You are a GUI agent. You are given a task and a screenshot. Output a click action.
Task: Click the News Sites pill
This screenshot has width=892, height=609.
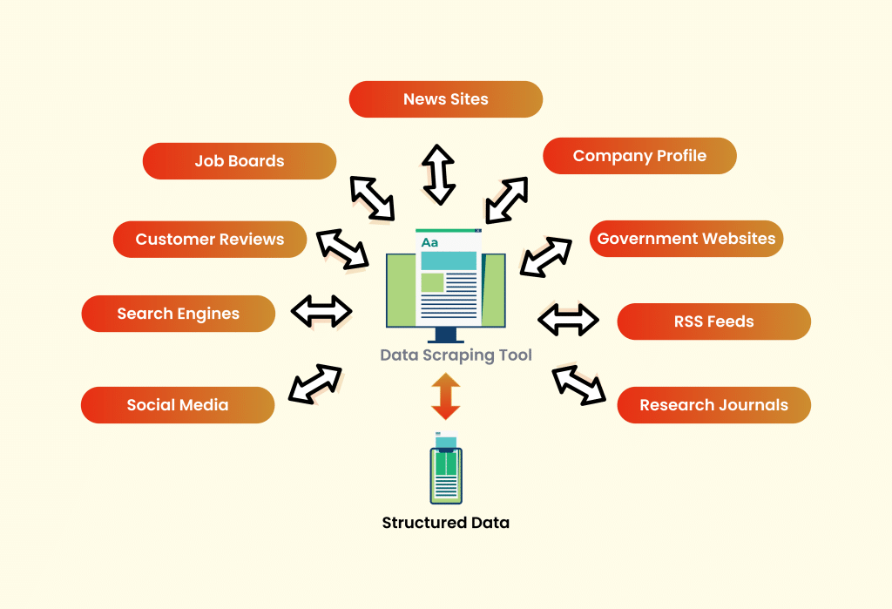click(x=445, y=99)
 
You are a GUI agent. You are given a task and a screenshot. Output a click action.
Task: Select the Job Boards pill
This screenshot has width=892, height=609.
click(x=240, y=161)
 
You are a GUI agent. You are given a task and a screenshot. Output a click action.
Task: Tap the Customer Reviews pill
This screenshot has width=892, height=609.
click(x=210, y=240)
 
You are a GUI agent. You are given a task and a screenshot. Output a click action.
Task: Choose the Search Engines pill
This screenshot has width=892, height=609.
click(x=179, y=314)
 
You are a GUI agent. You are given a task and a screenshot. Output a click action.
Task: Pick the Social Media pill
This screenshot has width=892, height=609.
click(x=178, y=405)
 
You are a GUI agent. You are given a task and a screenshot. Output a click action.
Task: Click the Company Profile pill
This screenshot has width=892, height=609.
click(x=639, y=156)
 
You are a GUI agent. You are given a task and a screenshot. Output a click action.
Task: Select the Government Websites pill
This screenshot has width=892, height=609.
click(x=686, y=239)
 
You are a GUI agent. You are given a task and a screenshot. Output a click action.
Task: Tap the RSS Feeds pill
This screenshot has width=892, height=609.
click(x=713, y=321)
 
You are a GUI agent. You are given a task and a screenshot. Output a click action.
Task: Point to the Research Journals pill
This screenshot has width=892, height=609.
click(x=713, y=405)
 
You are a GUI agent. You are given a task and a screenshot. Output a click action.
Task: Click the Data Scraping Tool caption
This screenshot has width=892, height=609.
click(x=456, y=355)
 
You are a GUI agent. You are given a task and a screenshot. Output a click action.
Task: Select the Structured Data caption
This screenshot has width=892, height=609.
click(x=445, y=523)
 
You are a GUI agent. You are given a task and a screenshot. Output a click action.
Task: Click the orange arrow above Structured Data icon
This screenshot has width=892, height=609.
click(x=445, y=396)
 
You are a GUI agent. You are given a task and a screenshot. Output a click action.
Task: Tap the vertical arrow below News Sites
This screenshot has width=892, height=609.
click(x=439, y=174)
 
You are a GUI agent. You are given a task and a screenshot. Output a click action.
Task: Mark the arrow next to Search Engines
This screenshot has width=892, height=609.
click(x=321, y=311)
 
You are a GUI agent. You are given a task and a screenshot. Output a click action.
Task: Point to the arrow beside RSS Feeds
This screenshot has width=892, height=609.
click(x=569, y=320)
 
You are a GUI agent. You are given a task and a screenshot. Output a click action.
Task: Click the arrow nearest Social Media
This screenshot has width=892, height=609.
click(x=314, y=384)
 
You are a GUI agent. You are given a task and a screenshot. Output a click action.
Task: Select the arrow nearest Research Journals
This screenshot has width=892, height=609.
click(x=579, y=384)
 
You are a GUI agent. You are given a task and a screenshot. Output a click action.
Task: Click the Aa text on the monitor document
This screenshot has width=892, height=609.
click(x=429, y=242)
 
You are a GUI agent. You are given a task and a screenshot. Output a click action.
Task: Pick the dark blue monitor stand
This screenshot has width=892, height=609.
click(x=446, y=336)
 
